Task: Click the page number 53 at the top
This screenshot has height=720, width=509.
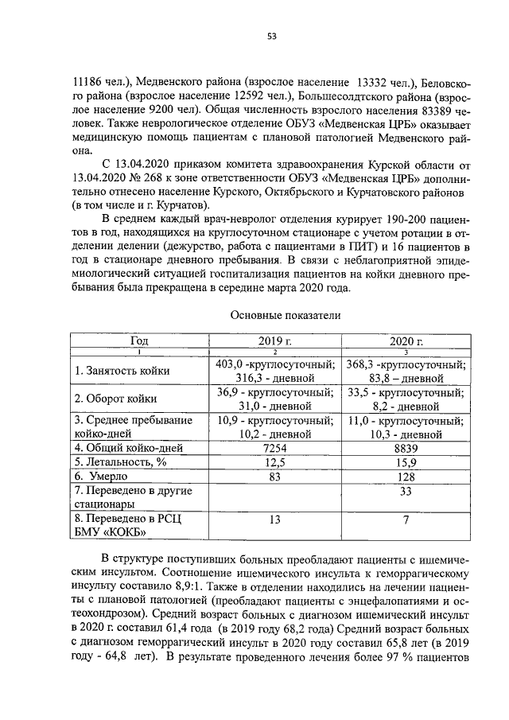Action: pyautogui.click(x=271, y=33)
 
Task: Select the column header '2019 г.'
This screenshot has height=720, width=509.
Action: pyautogui.click(x=275, y=341)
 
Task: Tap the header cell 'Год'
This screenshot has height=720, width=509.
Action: pyautogui.click(x=138, y=341)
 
